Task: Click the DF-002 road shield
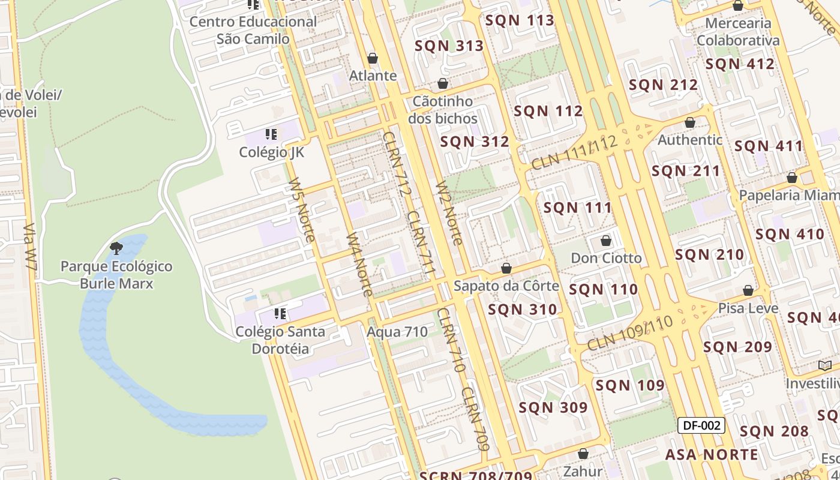[701, 425]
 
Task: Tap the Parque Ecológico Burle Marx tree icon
[116, 248]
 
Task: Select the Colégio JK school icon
[271, 134]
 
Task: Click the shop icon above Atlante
[373, 58]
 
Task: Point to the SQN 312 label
[475, 142]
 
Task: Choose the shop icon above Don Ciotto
[606, 241]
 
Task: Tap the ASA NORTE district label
[712, 454]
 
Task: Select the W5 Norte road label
[301, 210]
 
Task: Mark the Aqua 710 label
[397, 331]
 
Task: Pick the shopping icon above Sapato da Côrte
[506, 268]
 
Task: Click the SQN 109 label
[630, 385]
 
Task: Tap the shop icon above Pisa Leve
[748, 291]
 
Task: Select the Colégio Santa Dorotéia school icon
[280, 313]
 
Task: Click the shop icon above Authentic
[690, 122]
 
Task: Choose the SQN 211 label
[686, 171]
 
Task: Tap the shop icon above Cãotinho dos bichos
[443, 83]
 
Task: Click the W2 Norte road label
[449, 213]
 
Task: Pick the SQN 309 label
[553, 407]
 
